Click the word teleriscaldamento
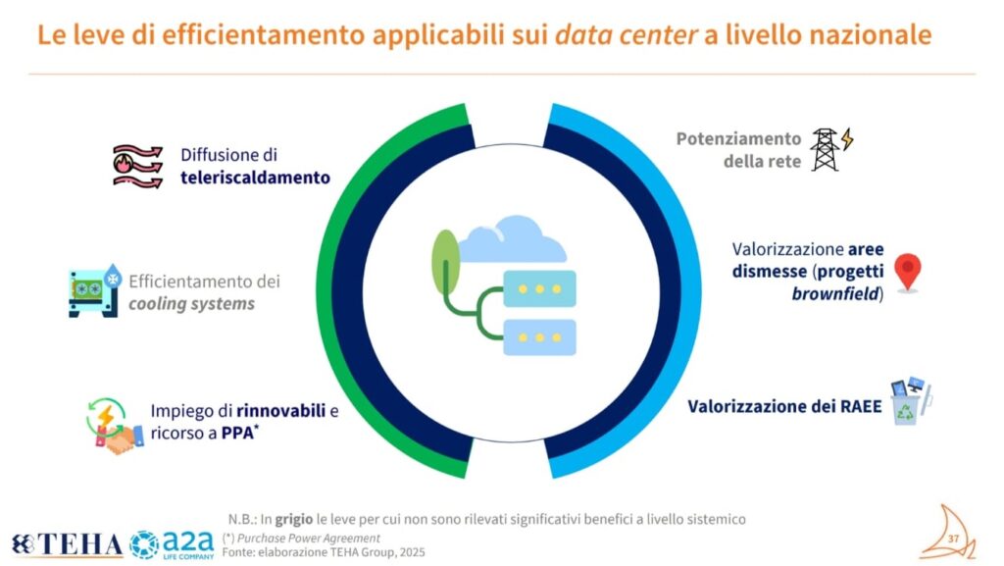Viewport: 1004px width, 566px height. click(255, 178)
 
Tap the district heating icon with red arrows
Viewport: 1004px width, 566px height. click(137, 167)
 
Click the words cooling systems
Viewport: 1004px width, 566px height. click(191, 303)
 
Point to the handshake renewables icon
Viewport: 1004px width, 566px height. click(115, 427)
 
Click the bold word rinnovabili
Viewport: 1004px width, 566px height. click(280, 410)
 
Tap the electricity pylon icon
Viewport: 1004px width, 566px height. click(831, 149)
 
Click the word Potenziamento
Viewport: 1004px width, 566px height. click(738, 139)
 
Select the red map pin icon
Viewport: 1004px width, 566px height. click(907, 273)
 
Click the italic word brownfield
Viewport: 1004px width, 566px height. click(835, 294)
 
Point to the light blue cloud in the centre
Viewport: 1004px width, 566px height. click(512, 239)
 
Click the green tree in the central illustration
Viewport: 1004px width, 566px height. click(446, 262)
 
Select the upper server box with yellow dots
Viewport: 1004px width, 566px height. click(540, 288)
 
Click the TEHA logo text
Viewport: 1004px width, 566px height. click(68, 544)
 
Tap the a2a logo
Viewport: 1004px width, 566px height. click(173, 544)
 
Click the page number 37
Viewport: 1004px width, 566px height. click(953, 539)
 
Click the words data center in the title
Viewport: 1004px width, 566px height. click(626, 34)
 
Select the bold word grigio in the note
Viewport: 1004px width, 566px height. click(294, 519)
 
